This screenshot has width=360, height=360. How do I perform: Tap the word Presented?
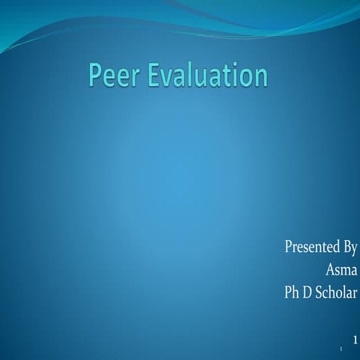(312, 247)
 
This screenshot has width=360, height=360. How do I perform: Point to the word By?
(350, 247)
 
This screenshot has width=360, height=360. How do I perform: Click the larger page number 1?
(355, 340)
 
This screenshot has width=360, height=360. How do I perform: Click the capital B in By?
(346, 247)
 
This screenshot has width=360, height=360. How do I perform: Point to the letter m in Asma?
(345, 270)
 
